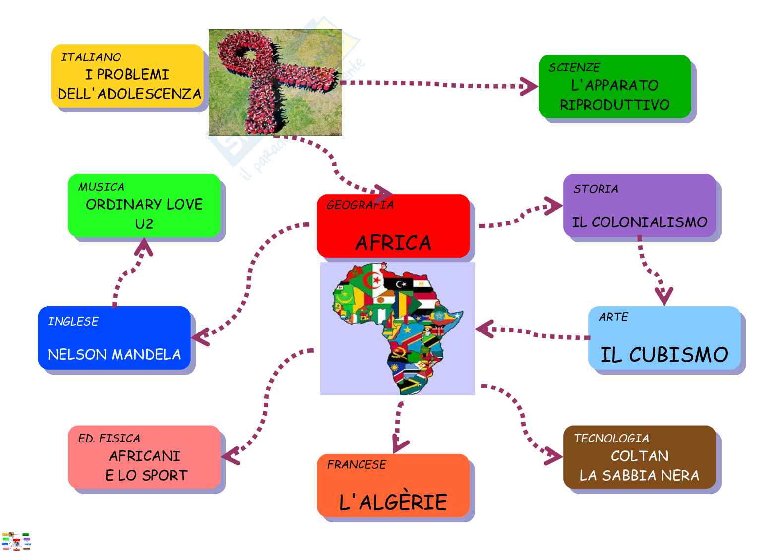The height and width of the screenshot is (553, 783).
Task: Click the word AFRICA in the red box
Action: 393,243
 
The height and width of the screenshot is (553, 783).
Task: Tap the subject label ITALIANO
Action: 91,57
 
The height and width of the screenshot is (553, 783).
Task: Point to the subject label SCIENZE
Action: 574,68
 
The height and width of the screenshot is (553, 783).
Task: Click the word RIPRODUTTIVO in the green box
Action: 615,105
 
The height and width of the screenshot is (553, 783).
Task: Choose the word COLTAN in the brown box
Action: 640,456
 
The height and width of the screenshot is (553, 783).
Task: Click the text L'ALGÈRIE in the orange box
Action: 393,502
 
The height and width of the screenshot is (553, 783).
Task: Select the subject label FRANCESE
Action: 357,465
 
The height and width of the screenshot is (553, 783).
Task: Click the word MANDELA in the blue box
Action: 149,355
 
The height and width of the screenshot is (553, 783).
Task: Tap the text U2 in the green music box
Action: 144,224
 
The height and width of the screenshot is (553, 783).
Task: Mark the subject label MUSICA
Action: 101,187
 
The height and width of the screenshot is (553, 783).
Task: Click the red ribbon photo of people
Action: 275,82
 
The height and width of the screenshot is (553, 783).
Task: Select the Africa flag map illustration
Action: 398,329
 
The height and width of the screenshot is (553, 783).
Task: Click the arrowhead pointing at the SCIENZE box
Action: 529,87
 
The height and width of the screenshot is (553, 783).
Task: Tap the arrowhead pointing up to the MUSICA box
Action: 144,247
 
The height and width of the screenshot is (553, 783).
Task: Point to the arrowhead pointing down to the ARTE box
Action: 663,296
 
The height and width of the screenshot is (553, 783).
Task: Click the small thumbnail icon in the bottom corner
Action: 16,541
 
